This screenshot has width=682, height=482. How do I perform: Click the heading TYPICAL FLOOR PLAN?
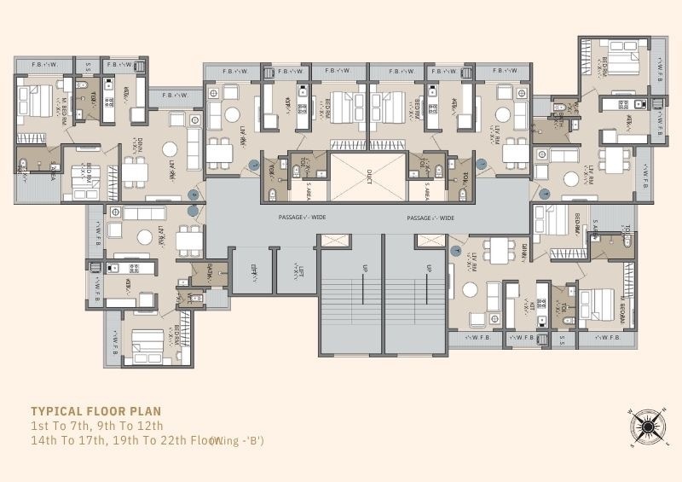coord(95,410)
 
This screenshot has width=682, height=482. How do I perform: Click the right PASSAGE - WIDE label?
coord(431,218)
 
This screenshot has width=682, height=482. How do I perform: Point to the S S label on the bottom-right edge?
coord(562,339)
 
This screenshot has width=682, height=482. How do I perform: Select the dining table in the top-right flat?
coord(615,160)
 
